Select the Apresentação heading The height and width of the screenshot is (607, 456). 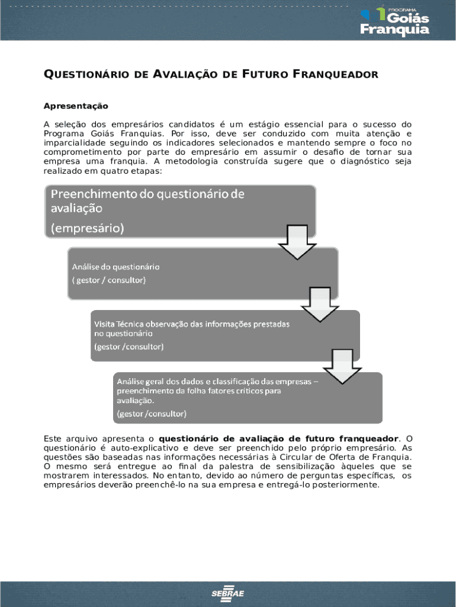tap(76, 106)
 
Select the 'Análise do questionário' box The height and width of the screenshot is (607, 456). tap(201, 273)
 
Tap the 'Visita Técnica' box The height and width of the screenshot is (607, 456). tap(225, 335)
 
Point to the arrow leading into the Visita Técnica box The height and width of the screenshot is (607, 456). tap(320, 303)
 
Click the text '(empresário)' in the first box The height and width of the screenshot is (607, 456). tap(87, 228)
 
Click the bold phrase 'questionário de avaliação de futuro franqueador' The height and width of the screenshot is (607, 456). tap(279, 439)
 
